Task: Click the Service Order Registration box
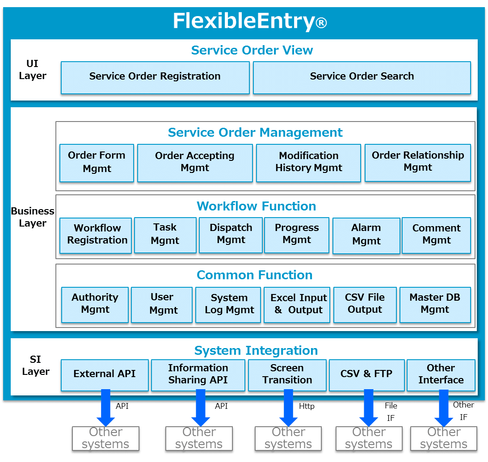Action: pyautogui.click(x=155, y=77)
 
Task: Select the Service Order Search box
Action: pyautogui.click(x=362, y=77)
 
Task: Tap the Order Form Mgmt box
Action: pyautogui.click(x=97, y=163)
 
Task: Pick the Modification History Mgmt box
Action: pyautogui.click(x=308, y=163)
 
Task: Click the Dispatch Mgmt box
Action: pyautogui.click(x=231, y=235)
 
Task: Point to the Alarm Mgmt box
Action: pyautogui.click(x=366, y=236)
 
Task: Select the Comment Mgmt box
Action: pyautogui.click(x=436, y=235)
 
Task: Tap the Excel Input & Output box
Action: pyautogui.click(x=297, y=305)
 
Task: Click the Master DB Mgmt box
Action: pyautogui.click(x=435, y=305)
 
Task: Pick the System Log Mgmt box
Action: pyautogui.click(x=228, y=305)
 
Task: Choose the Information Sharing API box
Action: pyautogui.click(x=198, y=375)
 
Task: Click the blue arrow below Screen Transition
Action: pyautogui.click(x=289, y=407)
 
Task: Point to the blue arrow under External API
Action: pyautogui.click(x=106, y=407)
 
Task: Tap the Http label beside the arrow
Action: pyautogui.click(x=307, y=406)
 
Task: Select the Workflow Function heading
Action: pyautogui.click(x=257, y=206)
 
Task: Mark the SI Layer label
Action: pyautogui.click(x=35, y=365)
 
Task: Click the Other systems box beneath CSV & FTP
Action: pyautogui.click(x=369, y=438)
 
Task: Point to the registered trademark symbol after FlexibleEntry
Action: pyautogui.click(x=321, y=23)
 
